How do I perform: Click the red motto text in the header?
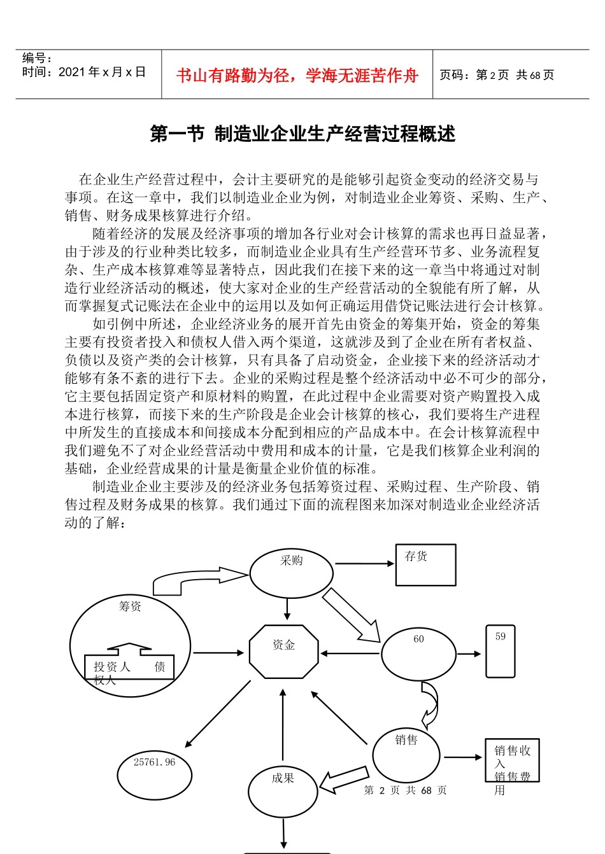point(297,76)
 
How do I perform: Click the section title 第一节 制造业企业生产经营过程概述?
point(302,134)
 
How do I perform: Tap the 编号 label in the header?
point(37,59)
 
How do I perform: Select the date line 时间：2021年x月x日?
point(83,72)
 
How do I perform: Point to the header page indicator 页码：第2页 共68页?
point(497,75)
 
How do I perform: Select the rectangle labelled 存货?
point(425,564)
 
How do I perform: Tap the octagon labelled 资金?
point(283,652)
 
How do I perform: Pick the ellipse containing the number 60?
point(418,654)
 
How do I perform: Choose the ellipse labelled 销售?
point(406,755)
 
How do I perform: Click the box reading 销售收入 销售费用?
point(512,760)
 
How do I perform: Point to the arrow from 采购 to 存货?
point(364,563)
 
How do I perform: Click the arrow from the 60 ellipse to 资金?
point(350,654)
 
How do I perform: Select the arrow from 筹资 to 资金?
point(218,652)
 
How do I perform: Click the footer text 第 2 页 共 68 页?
point(405,790)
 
